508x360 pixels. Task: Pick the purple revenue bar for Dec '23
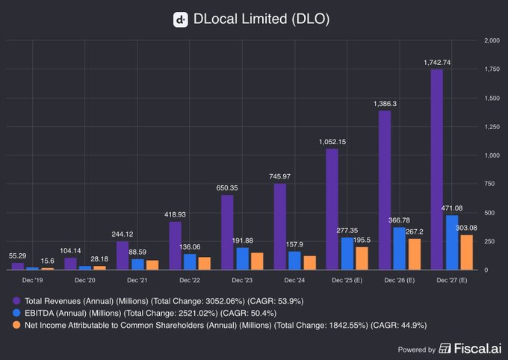(x=228, y=232)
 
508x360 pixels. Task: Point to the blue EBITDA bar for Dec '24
(x=294, y=260)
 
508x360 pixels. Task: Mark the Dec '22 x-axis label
(x=190, y=279)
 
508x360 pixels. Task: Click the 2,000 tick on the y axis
(x=491, y=40)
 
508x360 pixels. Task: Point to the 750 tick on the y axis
(x=489, y=183)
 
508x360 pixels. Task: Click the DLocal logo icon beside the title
(x=180, y=19)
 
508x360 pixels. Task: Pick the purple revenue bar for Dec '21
(x=123, y=255)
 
